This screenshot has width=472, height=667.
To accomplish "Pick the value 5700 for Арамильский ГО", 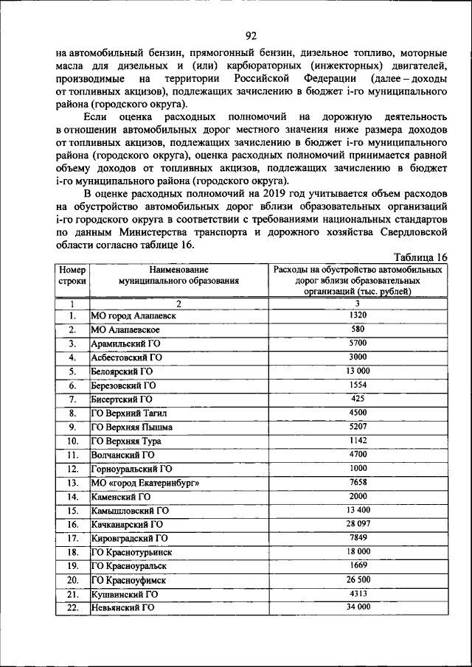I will point(358,343).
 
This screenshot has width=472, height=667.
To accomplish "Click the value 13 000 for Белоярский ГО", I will point(358,371).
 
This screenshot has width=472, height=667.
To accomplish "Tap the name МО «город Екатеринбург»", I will point(145,483).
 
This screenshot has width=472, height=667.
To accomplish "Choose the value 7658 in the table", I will point(358,482).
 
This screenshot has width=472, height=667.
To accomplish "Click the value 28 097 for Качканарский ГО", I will point(358,524).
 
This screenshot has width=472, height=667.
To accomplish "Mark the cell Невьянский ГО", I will point(122,608).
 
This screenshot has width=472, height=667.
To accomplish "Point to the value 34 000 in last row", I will point(358,607).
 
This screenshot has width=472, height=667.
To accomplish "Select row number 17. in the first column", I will point(72,539).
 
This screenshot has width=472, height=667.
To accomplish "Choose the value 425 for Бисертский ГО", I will point(358,399).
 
